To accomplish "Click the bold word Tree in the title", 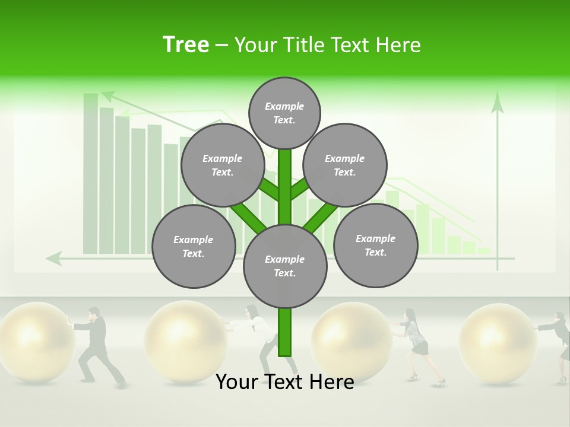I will tap(186, 44).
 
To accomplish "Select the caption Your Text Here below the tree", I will tap(284, 382).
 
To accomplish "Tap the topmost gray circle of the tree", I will tap(284, 113).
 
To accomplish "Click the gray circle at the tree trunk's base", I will tap(285, 266).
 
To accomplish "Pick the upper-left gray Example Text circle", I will tap(222, 165).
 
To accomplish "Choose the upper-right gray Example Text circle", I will tap(345, 165).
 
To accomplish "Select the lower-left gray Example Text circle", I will tap(194, 246).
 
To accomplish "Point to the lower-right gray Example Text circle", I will tap(376, 245).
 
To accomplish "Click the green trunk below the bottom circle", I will tap(285, 332).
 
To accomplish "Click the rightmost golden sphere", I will tap(498, 340).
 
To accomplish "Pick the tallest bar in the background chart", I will tap(90, 172).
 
